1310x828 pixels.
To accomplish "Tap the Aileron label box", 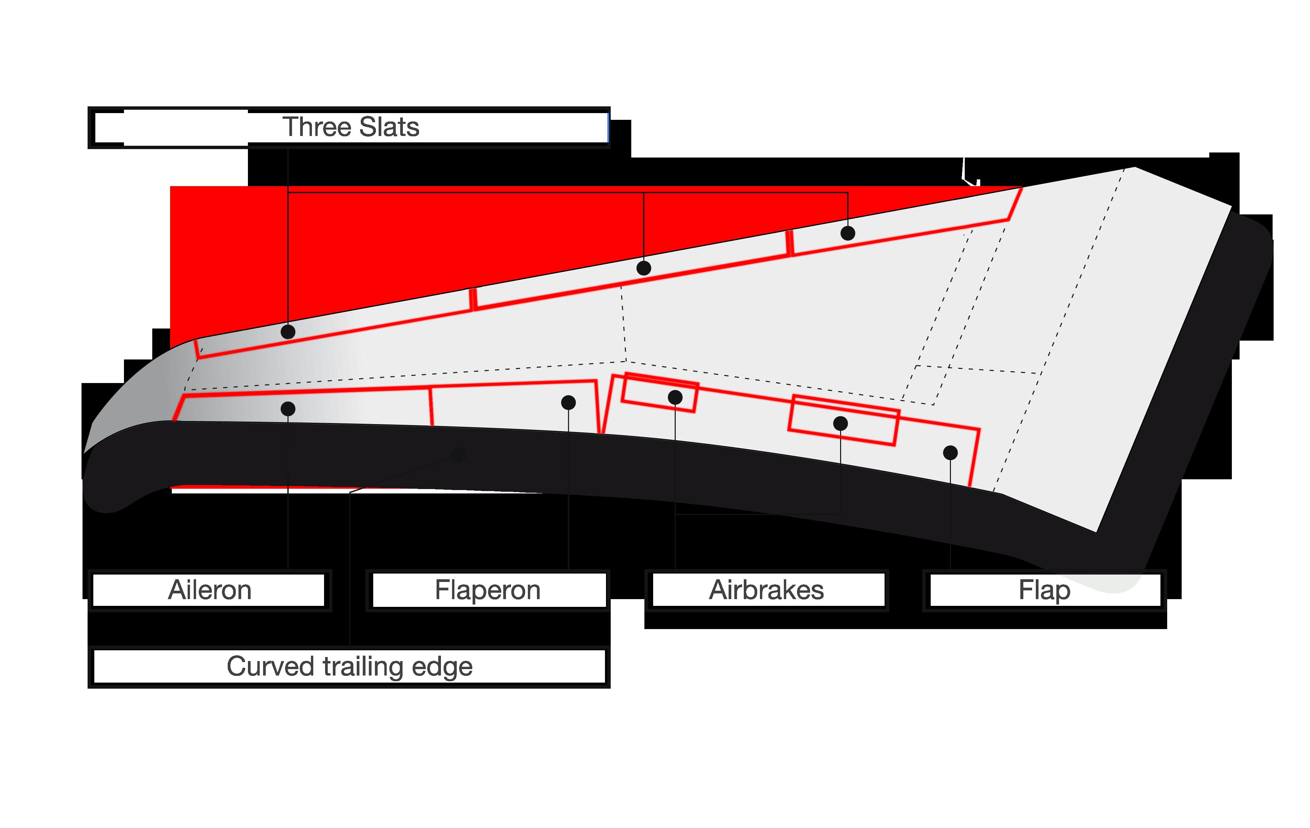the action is click(210, 590).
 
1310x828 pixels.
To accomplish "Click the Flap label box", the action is click(1045, 590).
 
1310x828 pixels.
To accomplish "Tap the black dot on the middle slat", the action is click(644, 268).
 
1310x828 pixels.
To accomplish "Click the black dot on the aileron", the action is click(288, 409).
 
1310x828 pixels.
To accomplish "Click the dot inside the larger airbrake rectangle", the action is click(840, 423).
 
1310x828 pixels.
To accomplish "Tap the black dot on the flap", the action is click(950, 452).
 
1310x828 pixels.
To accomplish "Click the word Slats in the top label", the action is click(389, 127).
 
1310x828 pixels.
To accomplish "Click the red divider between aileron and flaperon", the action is click(432, 407).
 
